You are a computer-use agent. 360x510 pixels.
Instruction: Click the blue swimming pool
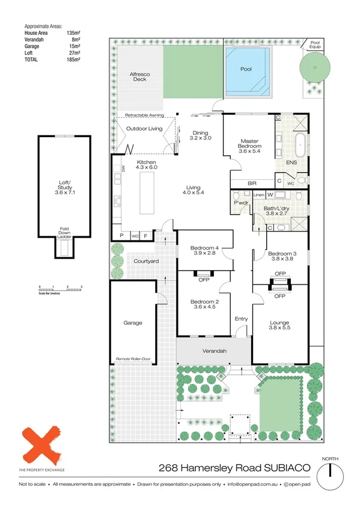click(x=247, y=70)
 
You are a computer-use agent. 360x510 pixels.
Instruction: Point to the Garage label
click(x=133, y=322)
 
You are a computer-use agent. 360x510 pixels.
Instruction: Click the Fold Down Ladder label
click(x=63, y=233)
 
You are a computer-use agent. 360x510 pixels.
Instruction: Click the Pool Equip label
click(x=315, y=44)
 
